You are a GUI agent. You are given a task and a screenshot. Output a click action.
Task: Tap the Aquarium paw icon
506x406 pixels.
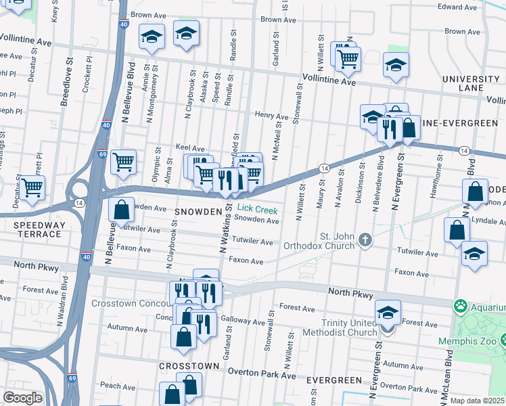coord(462,307)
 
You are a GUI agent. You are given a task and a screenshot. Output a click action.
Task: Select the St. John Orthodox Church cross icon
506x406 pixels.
coord(366,239)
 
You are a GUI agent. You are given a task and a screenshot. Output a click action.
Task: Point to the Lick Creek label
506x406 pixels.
coord(256,210)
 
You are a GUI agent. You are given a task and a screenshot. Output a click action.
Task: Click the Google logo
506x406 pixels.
coord(22,398)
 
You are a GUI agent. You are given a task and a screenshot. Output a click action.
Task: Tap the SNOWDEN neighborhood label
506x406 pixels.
coord(199,212)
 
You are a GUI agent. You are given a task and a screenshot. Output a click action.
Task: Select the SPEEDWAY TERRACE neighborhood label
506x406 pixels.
coord(32,229)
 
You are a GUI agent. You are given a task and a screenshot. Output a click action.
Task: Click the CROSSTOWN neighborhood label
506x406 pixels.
coord(189,365)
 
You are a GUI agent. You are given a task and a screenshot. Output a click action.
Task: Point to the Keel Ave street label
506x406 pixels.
coord(189,148)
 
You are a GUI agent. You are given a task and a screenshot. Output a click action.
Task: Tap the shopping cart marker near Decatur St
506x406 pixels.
coord(32,187)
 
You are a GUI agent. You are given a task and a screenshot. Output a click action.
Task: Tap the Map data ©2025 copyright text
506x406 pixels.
coord(478,401)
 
